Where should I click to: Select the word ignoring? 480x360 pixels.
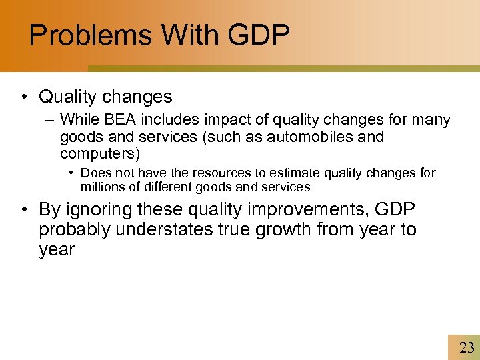click(x=96, y=210)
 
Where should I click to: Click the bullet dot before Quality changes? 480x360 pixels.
click(x=23, y=97)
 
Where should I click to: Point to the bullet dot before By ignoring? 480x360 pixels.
click(x=23, y=210)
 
